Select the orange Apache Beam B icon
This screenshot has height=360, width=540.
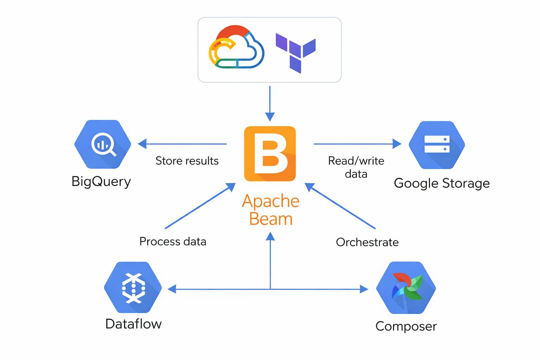point(270,154)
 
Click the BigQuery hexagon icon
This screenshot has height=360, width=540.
point(103,144)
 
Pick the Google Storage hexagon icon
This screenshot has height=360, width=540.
point(437,144)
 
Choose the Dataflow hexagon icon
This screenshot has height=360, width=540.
point(133,288)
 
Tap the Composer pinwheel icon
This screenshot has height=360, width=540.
point(406,288)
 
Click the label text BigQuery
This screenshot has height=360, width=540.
point(101,181)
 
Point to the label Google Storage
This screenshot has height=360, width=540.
point(442,183)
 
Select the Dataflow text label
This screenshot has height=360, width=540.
point(134,324)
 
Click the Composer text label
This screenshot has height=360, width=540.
point(406,326)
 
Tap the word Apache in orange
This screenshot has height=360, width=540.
point(271,201)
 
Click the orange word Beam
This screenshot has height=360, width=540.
point(271,219)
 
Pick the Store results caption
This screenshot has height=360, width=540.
point(187,161)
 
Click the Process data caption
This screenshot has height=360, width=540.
point(173,242)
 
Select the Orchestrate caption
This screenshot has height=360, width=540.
point(367,242)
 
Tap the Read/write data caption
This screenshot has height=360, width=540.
point(356,167)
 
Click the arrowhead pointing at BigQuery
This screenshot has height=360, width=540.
point(142,144)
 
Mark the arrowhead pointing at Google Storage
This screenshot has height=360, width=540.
point(397,144)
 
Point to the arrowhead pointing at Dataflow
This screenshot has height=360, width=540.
point(172,289)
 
